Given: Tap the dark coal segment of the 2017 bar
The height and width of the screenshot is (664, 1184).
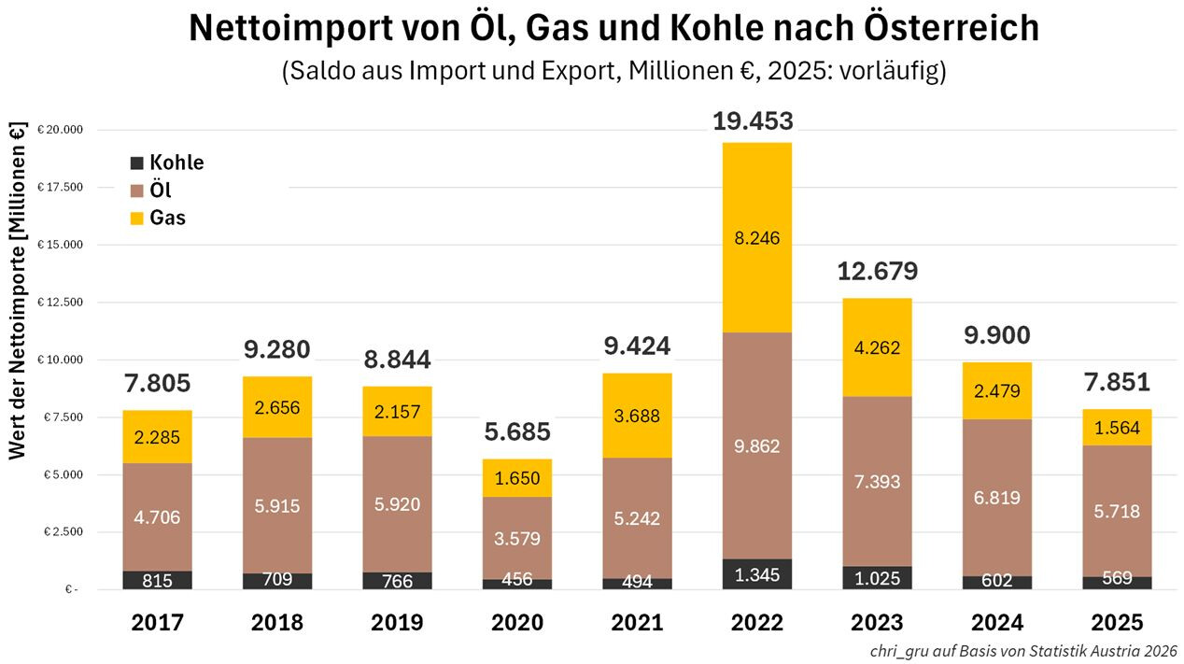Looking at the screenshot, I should click(157, 580).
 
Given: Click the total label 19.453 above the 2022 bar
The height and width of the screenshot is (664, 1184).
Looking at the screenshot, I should click(753, 121).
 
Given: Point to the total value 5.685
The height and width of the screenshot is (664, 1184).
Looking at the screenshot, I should click(516, 432).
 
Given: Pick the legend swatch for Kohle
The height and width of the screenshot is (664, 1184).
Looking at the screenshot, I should click(137, 162).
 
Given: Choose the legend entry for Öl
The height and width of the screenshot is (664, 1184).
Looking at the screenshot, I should click(160, 191).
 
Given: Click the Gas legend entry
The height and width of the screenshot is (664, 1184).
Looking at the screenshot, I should click(166, 219).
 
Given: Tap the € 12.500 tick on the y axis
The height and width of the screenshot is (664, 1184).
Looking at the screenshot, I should click(60, 303).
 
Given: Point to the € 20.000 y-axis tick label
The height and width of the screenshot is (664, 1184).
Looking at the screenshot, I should click(60, 130).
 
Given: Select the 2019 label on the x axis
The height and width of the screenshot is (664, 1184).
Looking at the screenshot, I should click(397, 623).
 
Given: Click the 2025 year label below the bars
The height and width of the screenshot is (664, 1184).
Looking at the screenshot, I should click(1117, 623).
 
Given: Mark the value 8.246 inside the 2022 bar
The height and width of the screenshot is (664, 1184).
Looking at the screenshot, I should click(756, 238).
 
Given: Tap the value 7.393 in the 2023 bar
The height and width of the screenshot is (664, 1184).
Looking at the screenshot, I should click(877, 482).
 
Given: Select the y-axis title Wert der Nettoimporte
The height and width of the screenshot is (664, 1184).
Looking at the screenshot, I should click(18, 290).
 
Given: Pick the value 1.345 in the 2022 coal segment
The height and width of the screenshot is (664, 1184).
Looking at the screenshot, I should click(756, 574).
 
